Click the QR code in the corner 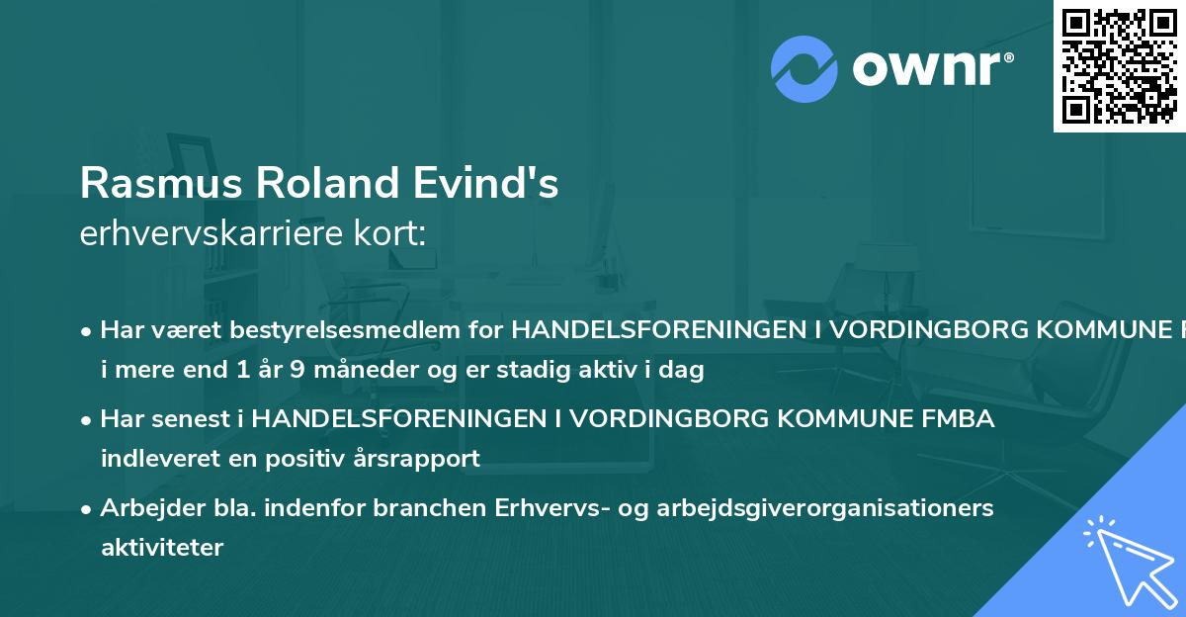pyautogui.click(x=1119, y=65)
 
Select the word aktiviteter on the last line pyautogui.click(x=162, y=547)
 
